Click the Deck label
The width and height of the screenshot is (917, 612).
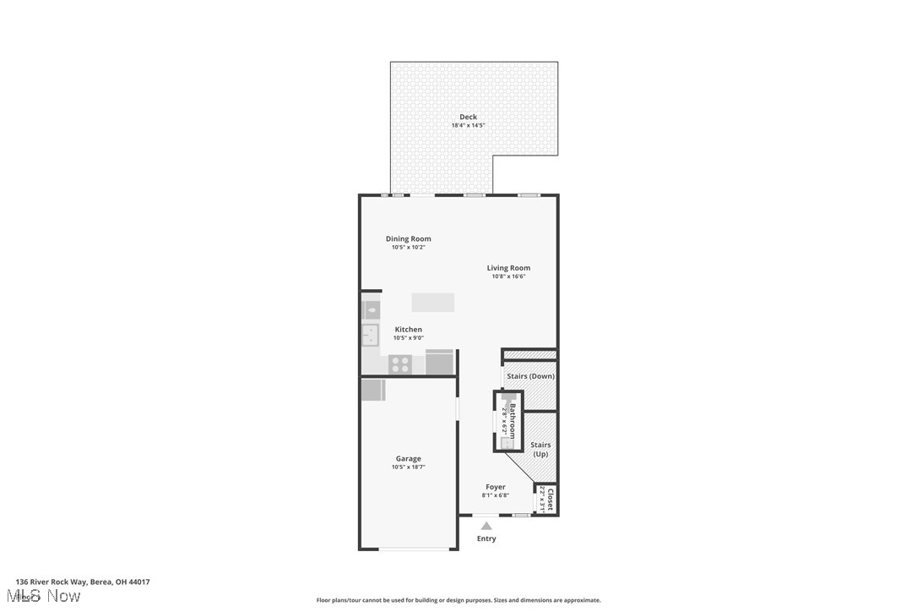(468, 117)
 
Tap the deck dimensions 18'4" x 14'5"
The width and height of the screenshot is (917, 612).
(468, 126)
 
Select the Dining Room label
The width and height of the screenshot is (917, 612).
(408, 239)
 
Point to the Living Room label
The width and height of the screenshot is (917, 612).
(508, 268)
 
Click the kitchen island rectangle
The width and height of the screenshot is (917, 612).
(433, 303)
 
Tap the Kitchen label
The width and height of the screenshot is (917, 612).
(409, 330)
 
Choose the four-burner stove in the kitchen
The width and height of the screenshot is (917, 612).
(400, 364)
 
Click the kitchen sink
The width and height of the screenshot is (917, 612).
(371, 336)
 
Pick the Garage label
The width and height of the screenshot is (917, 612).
(408, 459)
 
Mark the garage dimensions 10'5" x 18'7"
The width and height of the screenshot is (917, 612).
(408, 467)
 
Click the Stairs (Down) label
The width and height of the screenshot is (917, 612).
(530, 376)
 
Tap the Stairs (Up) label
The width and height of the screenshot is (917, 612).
(540, 450)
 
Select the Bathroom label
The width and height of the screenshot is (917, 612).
(512, 420)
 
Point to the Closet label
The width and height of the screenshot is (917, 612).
(551, 500)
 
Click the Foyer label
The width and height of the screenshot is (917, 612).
(496, 487)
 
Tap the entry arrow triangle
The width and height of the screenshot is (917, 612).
(486, 526)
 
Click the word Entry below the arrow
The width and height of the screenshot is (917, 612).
(486, 538)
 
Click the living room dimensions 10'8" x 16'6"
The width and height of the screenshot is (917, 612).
(508, 276)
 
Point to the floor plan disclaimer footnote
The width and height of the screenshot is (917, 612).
(458, 600)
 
